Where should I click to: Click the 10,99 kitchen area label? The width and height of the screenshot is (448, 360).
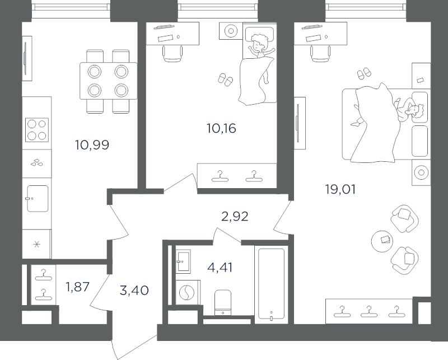coord(92,145)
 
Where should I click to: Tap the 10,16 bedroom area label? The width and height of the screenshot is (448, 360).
coord(221,129)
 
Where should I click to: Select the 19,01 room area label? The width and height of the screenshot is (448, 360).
coord(340,189)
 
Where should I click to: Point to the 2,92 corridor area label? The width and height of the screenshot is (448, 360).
coord(235,217)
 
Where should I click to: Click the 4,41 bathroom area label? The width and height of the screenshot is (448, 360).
coord(220,268)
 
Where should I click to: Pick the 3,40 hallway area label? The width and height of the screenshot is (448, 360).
coord(134,291)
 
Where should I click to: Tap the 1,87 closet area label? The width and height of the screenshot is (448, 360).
coord(78,287)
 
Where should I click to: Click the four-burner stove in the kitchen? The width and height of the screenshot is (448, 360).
coord(37,130)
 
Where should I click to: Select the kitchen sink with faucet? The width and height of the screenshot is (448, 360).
coord(38,198)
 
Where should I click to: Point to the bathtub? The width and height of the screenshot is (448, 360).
coord(271,284)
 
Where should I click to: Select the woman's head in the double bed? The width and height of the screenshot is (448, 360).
coord(417,112)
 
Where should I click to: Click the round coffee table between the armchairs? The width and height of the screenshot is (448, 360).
coord(382,241)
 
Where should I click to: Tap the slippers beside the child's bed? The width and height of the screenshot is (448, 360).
coord(226,79)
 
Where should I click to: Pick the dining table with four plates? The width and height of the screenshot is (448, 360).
coord(109,81)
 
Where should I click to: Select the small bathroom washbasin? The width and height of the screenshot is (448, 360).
coord(183,261)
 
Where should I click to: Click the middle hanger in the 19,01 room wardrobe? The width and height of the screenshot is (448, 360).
coord(369,312)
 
